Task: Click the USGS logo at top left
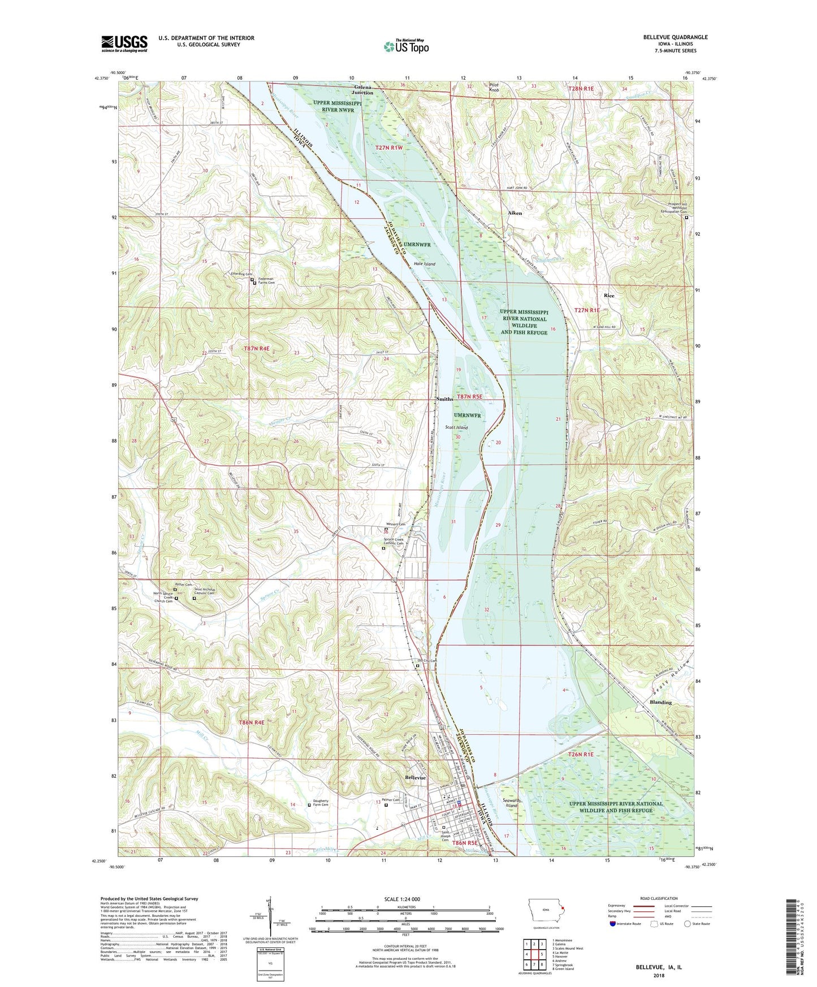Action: [124, 43]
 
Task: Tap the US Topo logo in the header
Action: [406, 46]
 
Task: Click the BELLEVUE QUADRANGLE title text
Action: [675, 37]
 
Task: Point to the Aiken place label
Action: [515, 213]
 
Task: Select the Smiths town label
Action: [444, 399]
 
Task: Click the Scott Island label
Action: [456, 427]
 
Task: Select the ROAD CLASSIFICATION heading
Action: [659, 898]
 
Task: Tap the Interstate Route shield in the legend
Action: [613, 924]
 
